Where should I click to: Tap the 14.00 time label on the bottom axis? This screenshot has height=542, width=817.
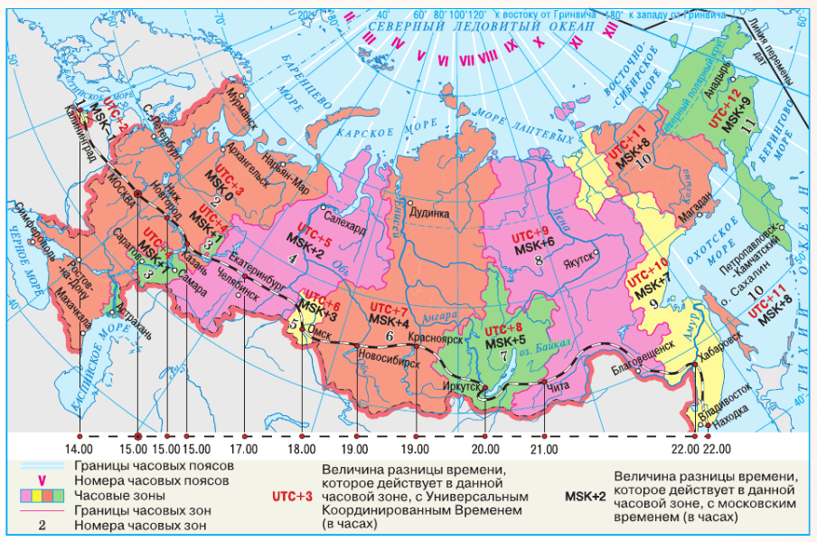(x=80, y=448)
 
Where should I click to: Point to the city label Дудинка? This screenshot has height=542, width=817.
(x=429, y=214)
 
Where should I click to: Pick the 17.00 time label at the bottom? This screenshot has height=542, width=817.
(x=245, y=448)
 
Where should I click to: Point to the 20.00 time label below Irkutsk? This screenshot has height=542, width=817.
(x=485, y=448)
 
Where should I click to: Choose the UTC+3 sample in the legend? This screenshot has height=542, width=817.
(x=292, y=496)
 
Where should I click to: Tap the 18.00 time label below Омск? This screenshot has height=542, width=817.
(x=303, y=448)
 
